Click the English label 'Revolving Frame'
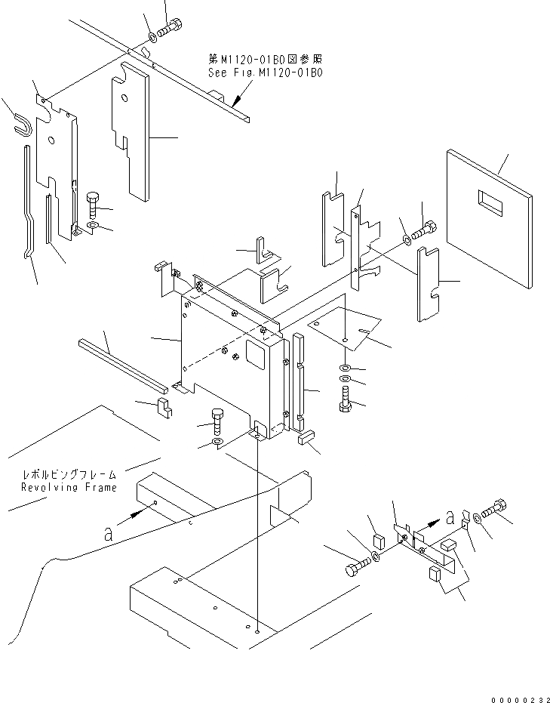click(x=69, y=488)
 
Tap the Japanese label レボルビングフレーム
click(x=69, y=475)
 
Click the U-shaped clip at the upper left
click(x=23, y=122)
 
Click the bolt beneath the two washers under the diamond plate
click(x=346, y=398)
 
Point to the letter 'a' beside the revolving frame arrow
click(x=109, y=533)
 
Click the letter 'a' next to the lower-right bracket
click(x=450, y=517)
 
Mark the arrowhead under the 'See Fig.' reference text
click(x=236, y=101)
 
